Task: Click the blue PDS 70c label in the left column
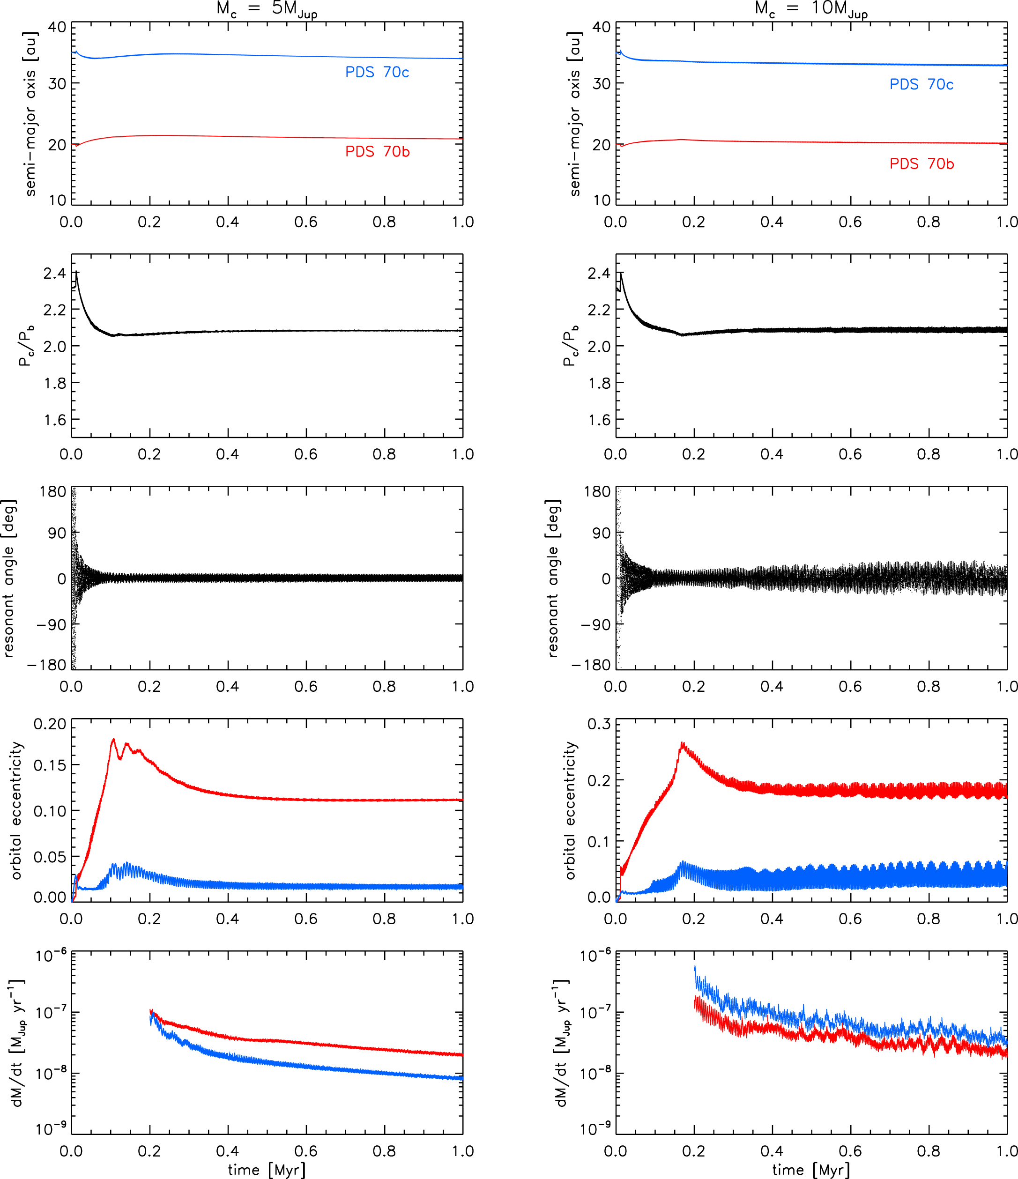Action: coord(377,72)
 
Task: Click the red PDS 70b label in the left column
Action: coord(377,151)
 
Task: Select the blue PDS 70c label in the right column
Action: coord(921,84)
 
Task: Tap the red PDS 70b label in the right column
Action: coord(921,164)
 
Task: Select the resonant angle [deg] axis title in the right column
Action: coord(552,578)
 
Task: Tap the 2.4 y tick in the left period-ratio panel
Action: coord(55,273)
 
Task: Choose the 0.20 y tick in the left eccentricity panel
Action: coord(50,724)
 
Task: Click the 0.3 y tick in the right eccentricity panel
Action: coord(599,724)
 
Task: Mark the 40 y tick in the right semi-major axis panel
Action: coord(601,27)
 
